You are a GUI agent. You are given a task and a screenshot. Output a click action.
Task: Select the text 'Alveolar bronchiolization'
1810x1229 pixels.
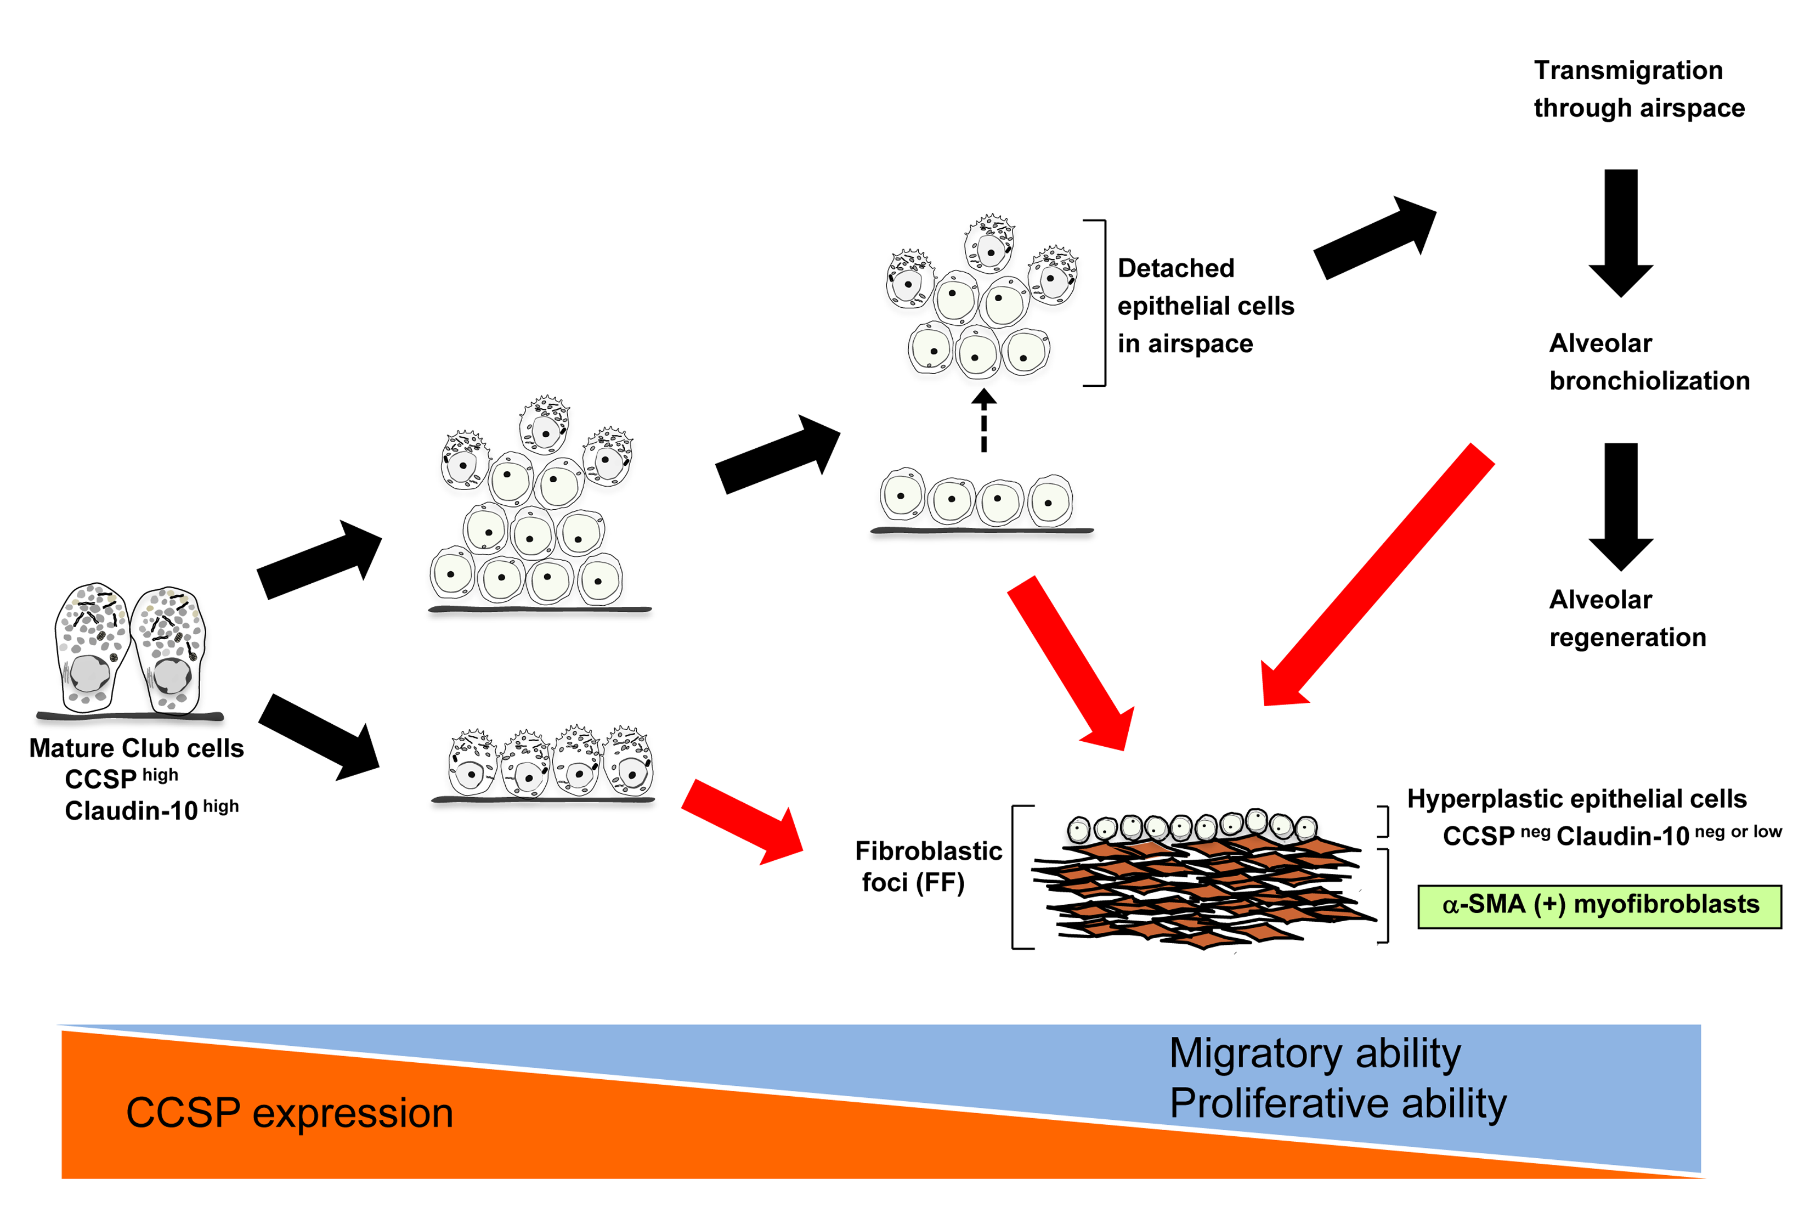tap(1648, 362)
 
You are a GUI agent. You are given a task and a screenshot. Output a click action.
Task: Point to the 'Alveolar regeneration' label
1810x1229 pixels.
tap(1626, 618)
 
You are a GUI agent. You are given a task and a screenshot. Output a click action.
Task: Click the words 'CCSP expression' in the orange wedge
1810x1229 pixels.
tap(289, 1112)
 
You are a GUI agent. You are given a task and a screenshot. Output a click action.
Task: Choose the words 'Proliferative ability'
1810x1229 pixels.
tap(1337, 1103)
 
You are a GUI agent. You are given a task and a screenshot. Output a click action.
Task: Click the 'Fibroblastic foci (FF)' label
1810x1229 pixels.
tap(927, 866)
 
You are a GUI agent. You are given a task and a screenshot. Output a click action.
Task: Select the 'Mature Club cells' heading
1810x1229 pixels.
tap(136, 748)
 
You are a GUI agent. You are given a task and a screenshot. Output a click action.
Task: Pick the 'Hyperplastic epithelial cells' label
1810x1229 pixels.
tap(1576, 798)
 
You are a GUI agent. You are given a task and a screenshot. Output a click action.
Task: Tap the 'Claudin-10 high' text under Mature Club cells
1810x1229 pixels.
tap(151, 810)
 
